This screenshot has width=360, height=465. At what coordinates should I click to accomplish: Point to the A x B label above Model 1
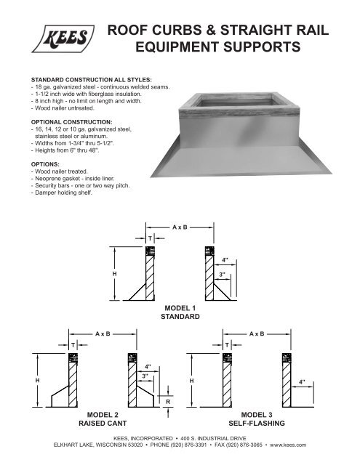click(x=180, y=227)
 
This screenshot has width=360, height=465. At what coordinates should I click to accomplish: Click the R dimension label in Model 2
click(x=168, y=400)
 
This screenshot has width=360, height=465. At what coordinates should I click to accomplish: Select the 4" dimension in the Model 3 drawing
click(x=302, y=381)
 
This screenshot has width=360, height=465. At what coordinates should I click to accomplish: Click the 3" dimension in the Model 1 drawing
click(x=220, y=275)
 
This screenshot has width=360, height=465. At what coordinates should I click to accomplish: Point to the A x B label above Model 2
click(x=103, y=333)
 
